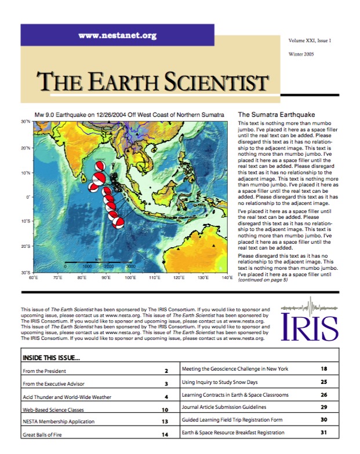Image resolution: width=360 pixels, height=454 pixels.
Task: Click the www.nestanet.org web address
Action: pyautogui.click(x=117, y=35)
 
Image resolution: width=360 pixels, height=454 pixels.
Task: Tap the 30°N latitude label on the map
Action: pyautogui.click(x=26, y=122)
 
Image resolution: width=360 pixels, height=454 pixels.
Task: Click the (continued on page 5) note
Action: pyautogui.click(x=263, y=280)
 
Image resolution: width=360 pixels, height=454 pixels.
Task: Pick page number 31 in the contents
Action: pyautogui.click(x=324, y=433)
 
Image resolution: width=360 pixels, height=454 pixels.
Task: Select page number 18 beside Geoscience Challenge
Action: pyautogui.click(x=324, y=368)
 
